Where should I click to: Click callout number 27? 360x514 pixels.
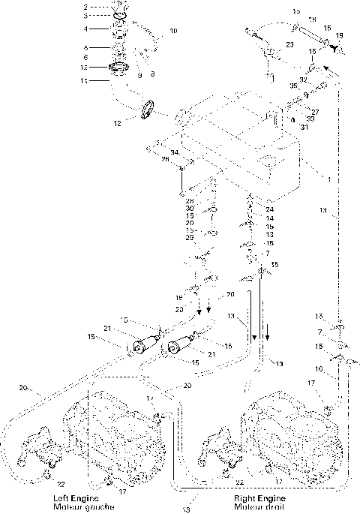tap(316, 111)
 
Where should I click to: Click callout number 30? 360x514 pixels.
tap(190, 208)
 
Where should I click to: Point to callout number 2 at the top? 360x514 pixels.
tap(106, 6)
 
